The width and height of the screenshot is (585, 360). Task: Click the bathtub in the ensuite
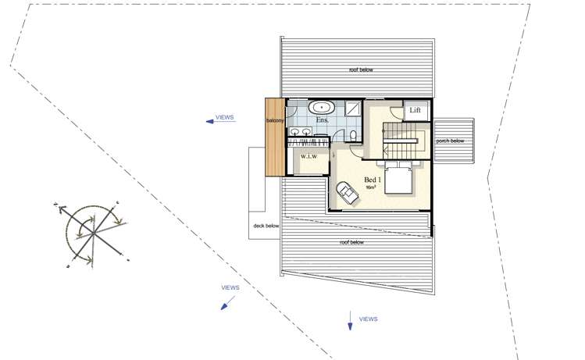point(321,108)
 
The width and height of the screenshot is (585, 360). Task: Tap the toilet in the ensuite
point(354,136)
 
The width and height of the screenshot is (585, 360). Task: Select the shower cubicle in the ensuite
point(352,109)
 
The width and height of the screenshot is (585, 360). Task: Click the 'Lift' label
point(415,112)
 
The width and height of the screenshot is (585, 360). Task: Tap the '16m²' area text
point(371,188)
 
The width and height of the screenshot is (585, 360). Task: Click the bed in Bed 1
point(399,181)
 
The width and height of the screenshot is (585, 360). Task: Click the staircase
point(403,141)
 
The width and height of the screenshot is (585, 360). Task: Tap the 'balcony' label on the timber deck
point(274,121)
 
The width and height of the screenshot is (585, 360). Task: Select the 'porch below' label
point(450,141)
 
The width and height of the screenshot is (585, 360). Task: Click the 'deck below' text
point(266,226)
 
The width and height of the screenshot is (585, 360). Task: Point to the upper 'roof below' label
point(361,70)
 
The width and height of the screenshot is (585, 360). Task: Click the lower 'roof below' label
point(352,243)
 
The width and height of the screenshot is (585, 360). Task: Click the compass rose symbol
point(92,232)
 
